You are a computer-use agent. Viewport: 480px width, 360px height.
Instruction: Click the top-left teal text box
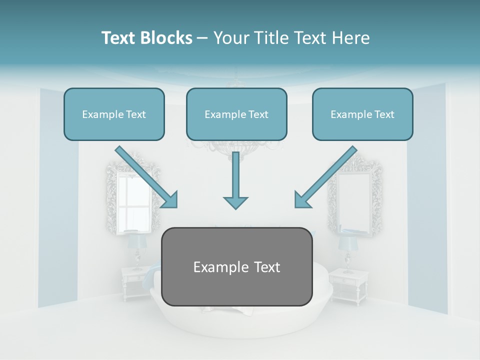pos(114,114)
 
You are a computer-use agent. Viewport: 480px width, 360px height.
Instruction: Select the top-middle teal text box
pos(236,114)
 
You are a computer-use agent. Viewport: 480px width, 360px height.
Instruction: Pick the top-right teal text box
pos(362,114)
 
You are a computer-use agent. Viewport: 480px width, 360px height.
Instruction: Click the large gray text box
pos(237,266)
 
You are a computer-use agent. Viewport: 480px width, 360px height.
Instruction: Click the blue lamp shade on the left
pos(136,242)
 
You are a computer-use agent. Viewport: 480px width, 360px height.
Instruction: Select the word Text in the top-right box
pos(384,114)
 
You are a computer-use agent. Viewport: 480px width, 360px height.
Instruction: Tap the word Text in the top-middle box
pos(258,114)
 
